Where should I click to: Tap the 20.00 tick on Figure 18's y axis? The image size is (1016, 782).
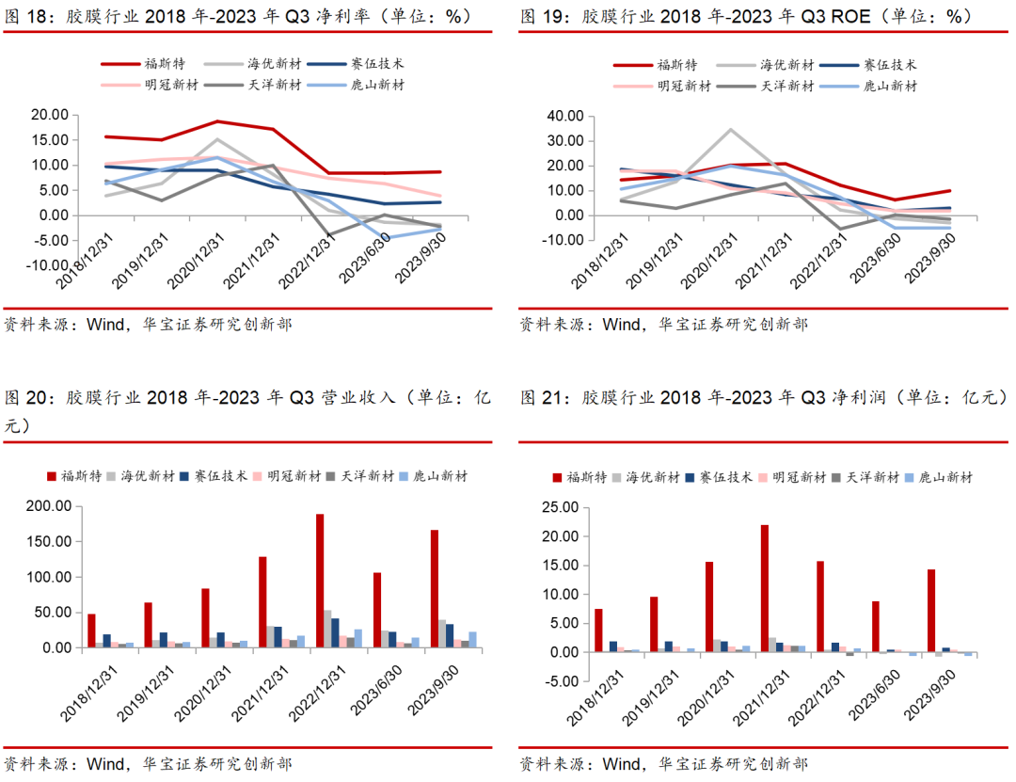click(49, 115)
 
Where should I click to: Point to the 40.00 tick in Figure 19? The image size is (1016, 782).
click(565, 116)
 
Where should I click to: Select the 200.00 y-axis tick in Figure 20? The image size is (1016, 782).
click(49, 506)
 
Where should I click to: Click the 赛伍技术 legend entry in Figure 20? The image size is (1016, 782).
click(220, 476)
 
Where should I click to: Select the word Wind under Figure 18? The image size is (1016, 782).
click(105, 325)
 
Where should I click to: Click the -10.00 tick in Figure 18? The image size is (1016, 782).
click(45, 265)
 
